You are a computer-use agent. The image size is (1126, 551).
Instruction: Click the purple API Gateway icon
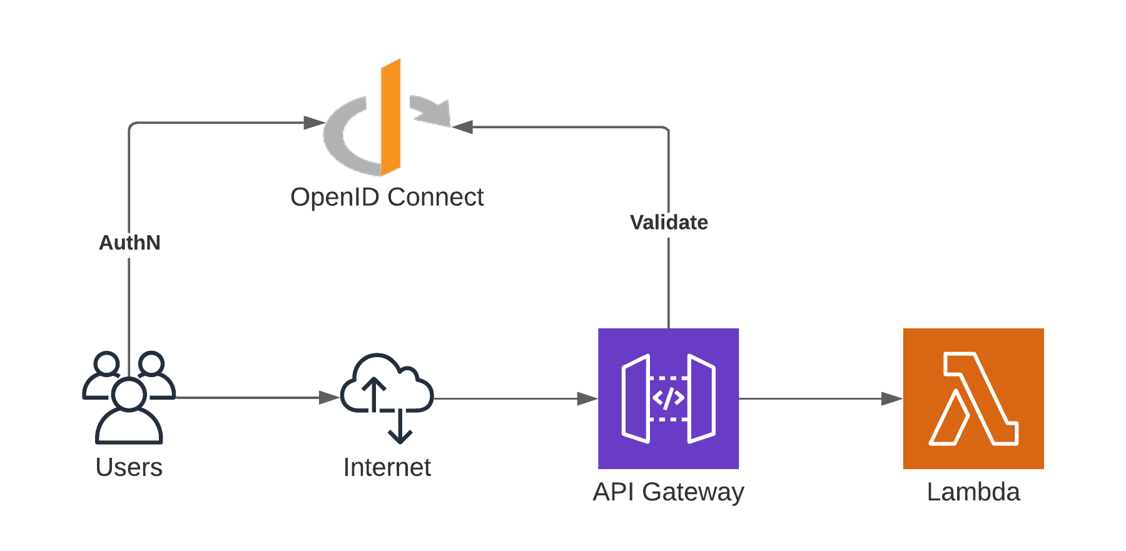668,398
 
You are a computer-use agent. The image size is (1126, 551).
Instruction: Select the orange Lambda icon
973,398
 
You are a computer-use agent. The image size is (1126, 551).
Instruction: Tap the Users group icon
129,398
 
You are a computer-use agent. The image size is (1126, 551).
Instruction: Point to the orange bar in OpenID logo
390,118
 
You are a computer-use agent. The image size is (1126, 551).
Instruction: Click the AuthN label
129,243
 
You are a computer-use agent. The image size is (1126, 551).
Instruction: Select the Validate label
669,223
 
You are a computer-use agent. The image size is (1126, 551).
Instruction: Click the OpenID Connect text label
387,197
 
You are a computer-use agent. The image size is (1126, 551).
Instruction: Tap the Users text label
129,467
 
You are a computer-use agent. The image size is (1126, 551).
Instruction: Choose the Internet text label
387,467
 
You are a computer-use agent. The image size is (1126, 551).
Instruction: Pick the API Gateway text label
668,492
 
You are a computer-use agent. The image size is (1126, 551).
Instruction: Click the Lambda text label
973,492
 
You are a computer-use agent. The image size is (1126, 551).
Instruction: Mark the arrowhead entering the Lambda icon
891,398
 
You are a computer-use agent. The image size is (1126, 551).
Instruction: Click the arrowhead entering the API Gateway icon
587,398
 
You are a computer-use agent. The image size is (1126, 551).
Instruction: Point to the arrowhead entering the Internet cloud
328,398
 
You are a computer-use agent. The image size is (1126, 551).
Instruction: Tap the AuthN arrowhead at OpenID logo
313,123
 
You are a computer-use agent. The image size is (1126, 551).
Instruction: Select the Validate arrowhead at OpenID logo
463,127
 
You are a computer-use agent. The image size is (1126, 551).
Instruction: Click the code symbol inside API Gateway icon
668,398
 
